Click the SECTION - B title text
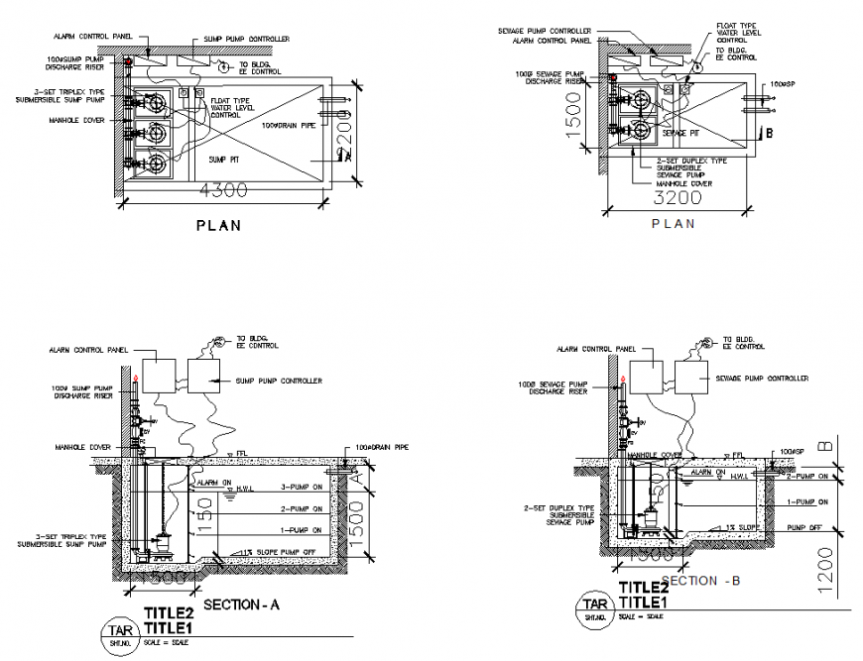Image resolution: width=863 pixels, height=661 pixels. [700, 579]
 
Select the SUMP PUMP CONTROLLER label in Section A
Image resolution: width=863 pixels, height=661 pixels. [279, 381]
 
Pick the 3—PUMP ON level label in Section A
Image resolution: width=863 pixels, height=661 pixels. [303, 487]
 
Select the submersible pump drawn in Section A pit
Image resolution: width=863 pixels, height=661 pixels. [161, 545]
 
